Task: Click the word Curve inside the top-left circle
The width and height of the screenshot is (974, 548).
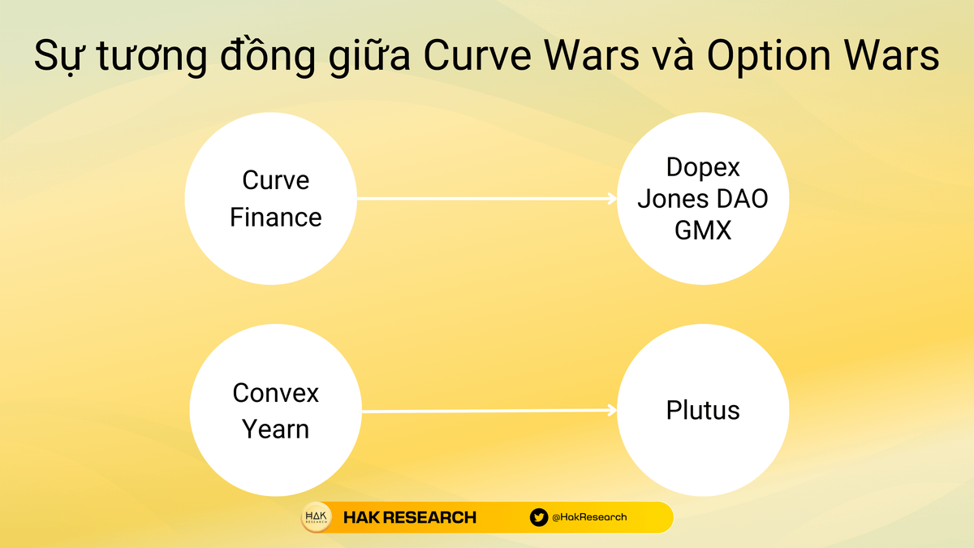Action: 276,180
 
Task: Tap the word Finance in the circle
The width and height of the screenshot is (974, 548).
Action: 276,217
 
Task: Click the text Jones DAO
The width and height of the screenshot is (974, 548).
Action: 703,199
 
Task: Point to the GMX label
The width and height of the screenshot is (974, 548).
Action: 703,230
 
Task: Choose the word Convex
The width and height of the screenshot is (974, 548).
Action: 276,393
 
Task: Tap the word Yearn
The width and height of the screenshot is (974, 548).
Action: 276,429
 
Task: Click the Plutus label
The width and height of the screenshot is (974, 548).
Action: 703,410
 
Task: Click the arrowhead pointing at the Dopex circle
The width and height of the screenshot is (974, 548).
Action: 613,199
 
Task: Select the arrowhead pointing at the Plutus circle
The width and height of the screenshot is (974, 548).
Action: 613,410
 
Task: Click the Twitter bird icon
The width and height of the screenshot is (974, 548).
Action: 539,517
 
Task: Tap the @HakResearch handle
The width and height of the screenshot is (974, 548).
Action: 589,517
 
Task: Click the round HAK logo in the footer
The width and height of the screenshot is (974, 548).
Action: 317,517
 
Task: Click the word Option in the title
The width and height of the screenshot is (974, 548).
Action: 769,57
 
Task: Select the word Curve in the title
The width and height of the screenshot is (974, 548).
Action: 477,57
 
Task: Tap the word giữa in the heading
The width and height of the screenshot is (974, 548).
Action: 369,57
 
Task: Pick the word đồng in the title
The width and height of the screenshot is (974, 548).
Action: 267,56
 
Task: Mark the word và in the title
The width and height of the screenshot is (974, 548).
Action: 673,56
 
